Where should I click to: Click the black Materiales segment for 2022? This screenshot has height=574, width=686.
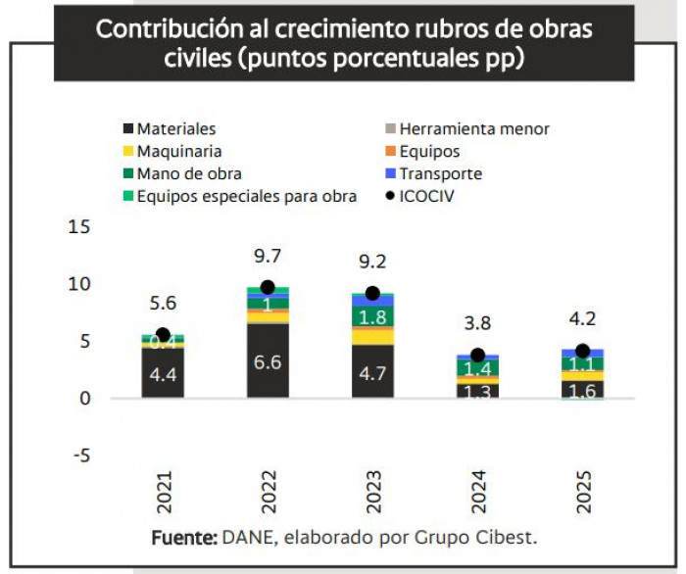268,360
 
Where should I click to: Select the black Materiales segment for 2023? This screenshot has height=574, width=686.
372,371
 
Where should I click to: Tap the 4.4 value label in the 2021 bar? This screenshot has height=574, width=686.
163,373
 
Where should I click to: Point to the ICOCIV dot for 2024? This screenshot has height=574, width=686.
477,355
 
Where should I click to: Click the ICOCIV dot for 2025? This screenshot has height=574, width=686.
582,351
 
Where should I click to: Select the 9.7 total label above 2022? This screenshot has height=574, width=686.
268,257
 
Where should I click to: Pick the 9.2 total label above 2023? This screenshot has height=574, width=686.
372,263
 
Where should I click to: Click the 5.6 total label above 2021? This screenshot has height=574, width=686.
163,304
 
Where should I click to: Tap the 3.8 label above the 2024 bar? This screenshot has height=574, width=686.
477,324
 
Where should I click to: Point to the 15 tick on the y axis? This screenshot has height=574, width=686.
79,227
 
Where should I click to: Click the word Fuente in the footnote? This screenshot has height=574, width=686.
183,539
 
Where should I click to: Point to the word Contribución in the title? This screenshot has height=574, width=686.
157,28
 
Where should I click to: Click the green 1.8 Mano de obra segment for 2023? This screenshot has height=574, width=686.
372,316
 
